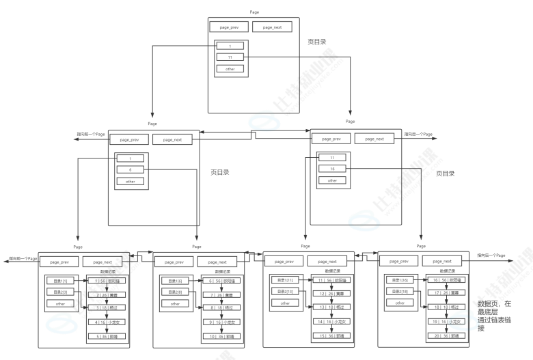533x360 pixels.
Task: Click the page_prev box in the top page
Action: click(x=229, y=27)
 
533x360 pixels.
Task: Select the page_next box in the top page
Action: click(x=272, y=27)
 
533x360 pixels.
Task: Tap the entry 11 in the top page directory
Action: click(x=230, y=57)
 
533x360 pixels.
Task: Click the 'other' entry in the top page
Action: click(x=230, y=68)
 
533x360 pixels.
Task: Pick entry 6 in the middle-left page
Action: click(x=129, y=169)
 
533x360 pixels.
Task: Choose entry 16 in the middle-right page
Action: click(x=332, y=168)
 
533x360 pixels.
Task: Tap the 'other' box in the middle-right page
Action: click(x=332, y=180)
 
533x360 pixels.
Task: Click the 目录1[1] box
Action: click(x=61, y=281)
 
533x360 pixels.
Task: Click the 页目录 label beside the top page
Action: click(x=317, y=42)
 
